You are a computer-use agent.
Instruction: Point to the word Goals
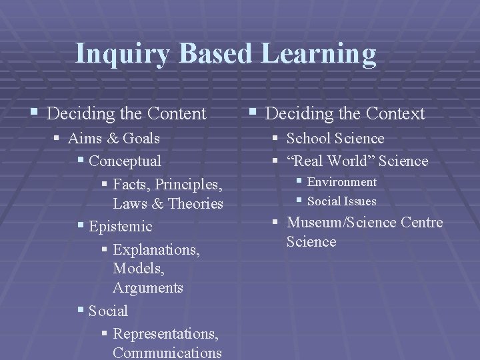(141, 139)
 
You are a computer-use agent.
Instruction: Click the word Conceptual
(125, 161)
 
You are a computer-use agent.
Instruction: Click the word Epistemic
(121, 227)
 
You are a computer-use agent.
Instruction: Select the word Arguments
(148, 288)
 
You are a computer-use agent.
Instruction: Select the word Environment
(341, 182)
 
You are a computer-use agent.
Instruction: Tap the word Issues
(361, 201)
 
